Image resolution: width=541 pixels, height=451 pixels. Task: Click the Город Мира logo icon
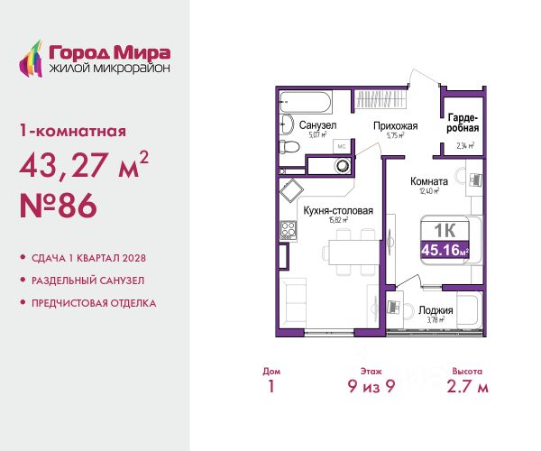point(31,59)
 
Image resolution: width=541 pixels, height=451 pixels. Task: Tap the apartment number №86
point(59,206)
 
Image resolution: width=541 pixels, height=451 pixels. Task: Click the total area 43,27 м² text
point(84,164)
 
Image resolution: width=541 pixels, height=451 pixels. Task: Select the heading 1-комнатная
point(73,131)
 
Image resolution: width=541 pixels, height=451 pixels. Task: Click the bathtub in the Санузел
point(306,102)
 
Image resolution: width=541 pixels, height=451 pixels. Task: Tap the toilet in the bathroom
point(289,147)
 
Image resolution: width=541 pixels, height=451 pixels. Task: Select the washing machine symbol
point(343,166)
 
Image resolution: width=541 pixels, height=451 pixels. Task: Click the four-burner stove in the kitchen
point(289,230)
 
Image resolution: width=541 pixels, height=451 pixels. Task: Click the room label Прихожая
point(396,126)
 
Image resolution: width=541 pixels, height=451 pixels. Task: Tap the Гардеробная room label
point(463,124)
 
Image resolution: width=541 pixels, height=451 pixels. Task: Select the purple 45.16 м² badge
point(445,250)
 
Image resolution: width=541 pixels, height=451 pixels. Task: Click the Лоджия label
point(436,310)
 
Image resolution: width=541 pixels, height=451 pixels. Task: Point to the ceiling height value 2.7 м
point(467,386)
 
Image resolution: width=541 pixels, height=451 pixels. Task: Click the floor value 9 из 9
point(371,386)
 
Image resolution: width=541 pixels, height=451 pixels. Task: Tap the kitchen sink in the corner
point(291,189)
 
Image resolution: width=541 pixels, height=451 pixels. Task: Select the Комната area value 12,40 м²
point(429,191)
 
